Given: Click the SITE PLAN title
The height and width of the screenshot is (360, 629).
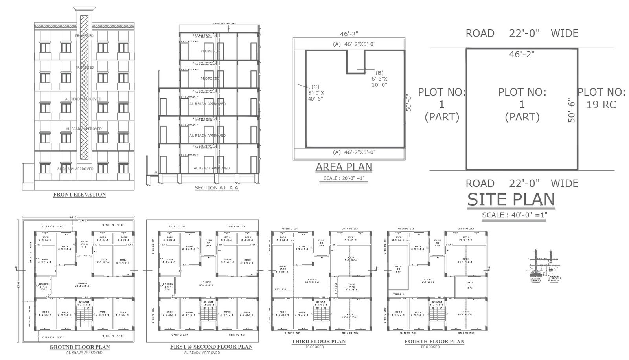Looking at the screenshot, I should click(511, 200).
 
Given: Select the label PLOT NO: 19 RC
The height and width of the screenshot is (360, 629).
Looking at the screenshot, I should click(601, 98).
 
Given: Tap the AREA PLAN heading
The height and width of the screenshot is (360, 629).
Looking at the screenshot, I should click(344, 167).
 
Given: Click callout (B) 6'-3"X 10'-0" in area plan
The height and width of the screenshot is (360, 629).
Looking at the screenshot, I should click(379, 78).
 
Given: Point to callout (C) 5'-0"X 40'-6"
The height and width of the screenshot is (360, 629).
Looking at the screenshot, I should click(316, 93).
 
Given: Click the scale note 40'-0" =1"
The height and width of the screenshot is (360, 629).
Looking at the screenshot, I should click(514, 215).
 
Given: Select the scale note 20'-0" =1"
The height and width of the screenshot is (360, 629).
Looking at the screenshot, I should click(344, 178).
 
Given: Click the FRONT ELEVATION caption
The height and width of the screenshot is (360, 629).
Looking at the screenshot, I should click(79, 195).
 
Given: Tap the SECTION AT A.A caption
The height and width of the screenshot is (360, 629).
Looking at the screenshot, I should click(216, 188).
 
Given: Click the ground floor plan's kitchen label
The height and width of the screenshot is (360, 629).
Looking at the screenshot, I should click(43, 287).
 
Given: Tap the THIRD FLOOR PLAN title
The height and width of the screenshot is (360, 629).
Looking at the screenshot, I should click(318, 342).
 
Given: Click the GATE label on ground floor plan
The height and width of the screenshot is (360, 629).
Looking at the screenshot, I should click(83, 221).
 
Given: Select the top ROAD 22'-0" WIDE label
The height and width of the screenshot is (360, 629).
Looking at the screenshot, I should click(522, 33).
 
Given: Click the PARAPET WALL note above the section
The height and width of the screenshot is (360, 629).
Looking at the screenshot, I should click(224, 24).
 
